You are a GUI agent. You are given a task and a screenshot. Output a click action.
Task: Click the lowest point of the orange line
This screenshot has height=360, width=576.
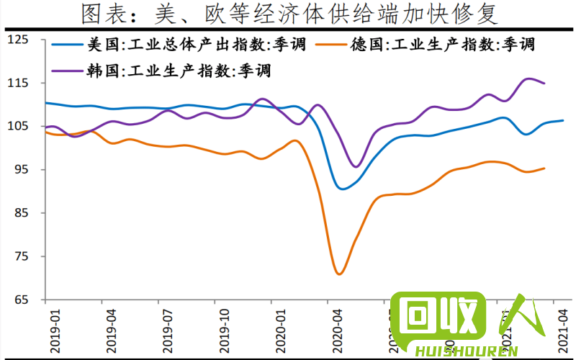(x=339, y=274)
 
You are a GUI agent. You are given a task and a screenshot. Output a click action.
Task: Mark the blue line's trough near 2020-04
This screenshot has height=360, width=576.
(x=342, y=189)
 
